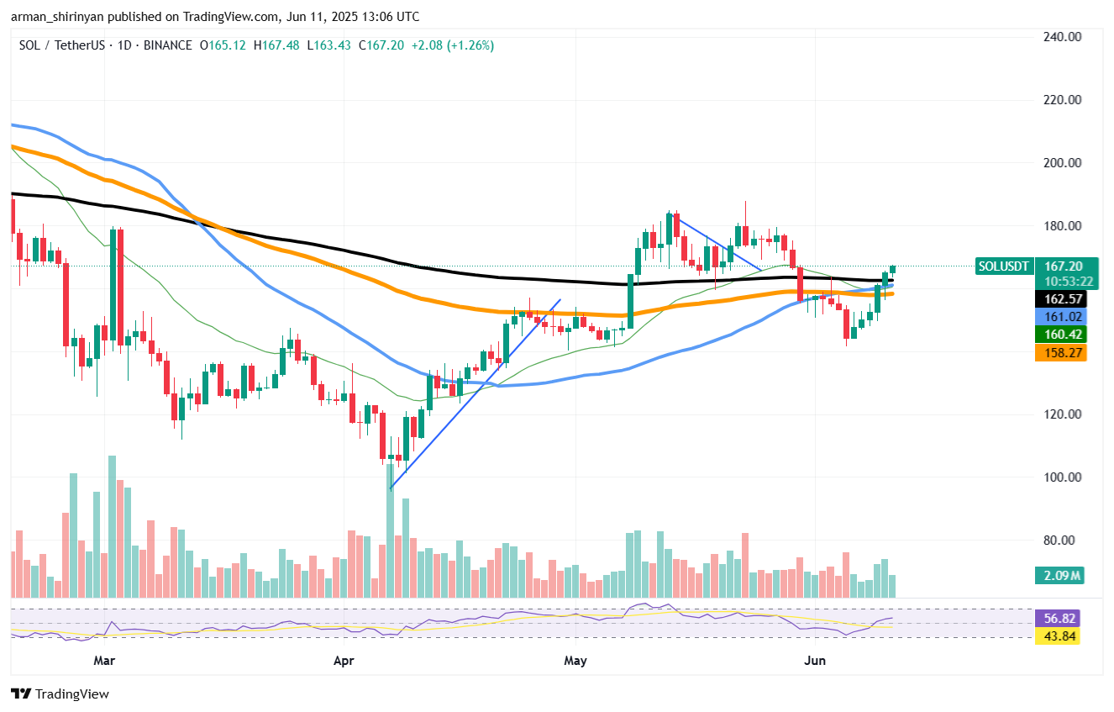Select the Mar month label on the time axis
click(104, 661)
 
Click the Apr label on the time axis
click(344, 661)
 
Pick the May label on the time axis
click(575, 661)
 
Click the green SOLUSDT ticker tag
click(1003, 266)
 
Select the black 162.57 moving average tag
click(1060, 299)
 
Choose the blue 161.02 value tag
click(1060, 317)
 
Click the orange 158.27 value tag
click(1060, 353)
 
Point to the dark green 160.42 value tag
click(1060, 335)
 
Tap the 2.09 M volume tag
click(1060, 576)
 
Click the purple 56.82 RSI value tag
click(1060, 619)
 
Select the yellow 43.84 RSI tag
click(1060, 636)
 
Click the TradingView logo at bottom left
click(60, 694)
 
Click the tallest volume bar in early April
click(391, 530)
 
